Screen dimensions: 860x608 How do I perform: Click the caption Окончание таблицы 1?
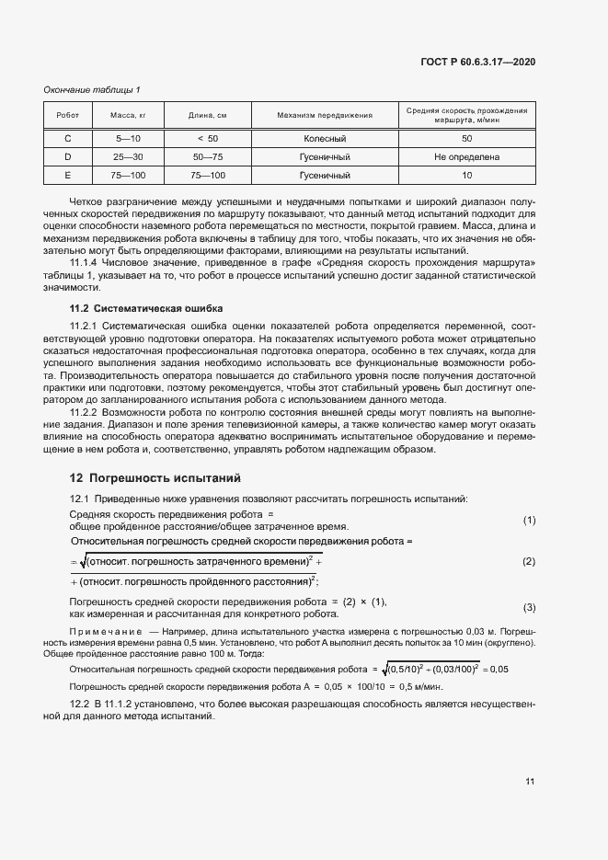coord(92,89)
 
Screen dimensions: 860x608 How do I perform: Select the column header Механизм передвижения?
coord(324,115)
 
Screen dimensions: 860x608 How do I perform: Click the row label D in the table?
coord(67,156)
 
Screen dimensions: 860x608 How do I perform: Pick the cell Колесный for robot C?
coord(324,139)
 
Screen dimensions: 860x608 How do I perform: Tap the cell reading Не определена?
coord(466,156)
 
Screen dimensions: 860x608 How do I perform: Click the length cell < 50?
coord(208,139)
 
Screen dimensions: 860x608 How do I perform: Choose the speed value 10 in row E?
coord(466,175)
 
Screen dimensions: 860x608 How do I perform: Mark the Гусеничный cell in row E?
coord(324,175)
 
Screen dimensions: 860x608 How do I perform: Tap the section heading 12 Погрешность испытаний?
coord(155,477)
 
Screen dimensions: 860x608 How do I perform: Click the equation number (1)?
coord(529,521)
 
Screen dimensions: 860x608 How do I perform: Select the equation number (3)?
coord(529,607)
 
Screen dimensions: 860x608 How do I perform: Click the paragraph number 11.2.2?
coord(87,413)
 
